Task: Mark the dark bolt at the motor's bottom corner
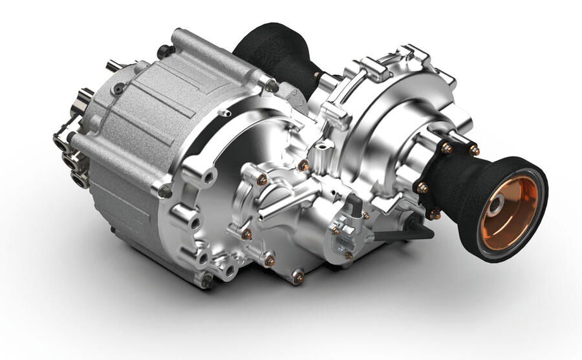point(206,280)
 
